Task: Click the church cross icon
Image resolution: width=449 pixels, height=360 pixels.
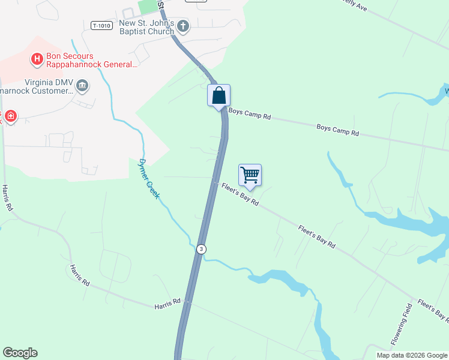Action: (184, 26)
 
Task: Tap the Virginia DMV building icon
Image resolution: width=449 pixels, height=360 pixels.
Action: (83, 87)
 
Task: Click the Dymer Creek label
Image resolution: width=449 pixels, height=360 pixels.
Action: (149, 178)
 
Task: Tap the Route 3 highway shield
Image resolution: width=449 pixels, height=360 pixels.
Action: (202, 248)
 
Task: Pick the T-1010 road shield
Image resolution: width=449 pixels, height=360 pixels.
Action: (101, 25)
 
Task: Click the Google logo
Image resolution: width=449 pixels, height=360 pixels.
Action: (20, 353)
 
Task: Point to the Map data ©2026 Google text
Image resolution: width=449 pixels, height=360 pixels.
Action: (412, 355)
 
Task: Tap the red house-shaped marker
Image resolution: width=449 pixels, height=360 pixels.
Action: (10, 115)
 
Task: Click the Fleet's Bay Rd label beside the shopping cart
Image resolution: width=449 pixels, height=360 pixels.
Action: (240, 194)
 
